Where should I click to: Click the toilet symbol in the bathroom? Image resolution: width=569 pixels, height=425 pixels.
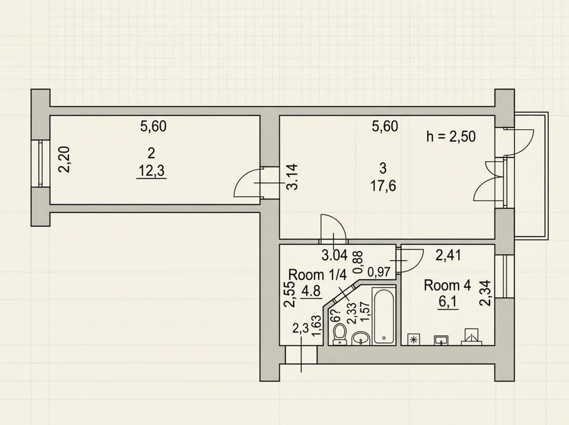[x=340, y=333]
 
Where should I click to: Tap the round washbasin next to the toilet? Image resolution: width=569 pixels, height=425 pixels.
[x=360, y=338]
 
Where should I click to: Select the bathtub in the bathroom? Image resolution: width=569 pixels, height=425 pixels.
[x=384, y=315]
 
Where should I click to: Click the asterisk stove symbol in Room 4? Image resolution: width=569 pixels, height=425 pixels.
[x=413, y=339]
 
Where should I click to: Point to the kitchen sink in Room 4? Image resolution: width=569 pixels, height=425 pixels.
[x=441, y=340]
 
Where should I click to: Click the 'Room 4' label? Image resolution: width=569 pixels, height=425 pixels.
[x=447, y=285]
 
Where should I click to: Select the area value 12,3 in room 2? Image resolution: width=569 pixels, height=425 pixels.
[x=151, y=171]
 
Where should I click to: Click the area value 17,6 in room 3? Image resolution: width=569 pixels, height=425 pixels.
[x=383, y=186]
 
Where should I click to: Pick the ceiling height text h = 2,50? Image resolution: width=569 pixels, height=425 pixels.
[x=451, y=137]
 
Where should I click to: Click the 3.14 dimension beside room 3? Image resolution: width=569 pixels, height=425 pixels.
[x=292, y=177]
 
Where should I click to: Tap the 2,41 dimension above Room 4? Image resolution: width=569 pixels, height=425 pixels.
[x=448, y=255]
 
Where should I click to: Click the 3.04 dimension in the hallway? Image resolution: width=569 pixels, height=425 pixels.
[x=335, y=255]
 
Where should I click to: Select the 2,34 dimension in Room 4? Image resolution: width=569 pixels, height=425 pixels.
[x=485, y=293]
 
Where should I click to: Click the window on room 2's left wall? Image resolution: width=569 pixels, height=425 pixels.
[x=40, y=164]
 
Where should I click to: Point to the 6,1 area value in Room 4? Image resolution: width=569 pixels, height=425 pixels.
[x=448, y=302]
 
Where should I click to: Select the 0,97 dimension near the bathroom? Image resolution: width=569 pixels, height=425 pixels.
[x=379, y=272]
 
